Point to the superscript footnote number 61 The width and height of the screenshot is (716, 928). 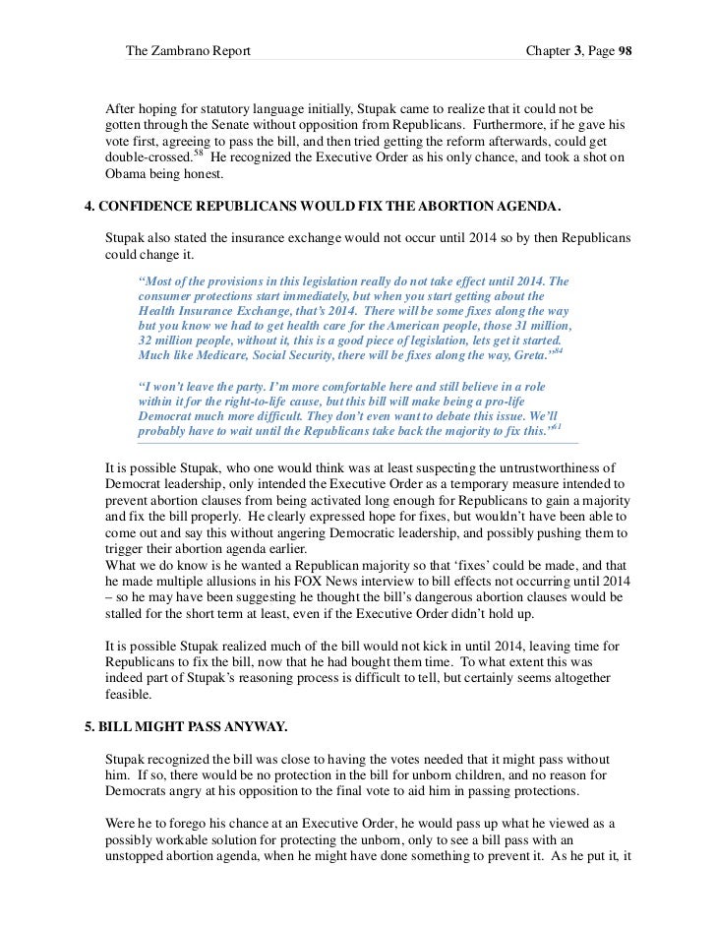(x=557, y=428)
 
